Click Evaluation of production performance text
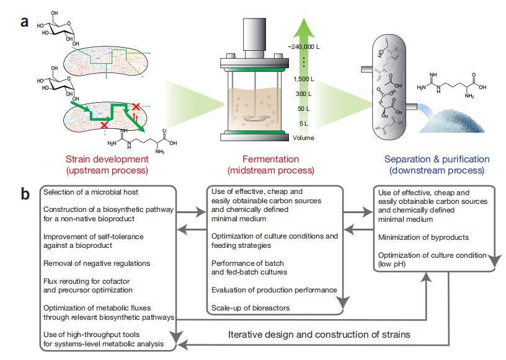click(x=273, y=290)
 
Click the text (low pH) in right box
click(x=394, y=265)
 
